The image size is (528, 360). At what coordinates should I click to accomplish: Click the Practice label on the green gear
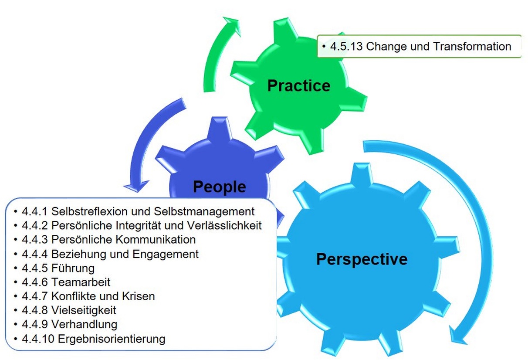[x=299, y=85]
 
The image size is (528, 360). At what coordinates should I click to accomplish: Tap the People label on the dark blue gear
[x=220, y=187]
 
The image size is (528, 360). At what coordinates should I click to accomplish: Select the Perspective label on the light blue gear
[x=362, y=259]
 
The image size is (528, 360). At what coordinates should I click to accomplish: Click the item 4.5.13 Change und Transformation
[x=420, y=46]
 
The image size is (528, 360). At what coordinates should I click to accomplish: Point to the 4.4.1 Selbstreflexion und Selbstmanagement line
[x=138, y=211]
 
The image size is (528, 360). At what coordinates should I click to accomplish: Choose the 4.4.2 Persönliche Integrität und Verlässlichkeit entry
[x=142, y=225]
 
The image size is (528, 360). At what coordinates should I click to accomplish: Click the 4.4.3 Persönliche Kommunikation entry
[x=108, y=240]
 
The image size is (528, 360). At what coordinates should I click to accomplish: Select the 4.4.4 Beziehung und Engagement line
[x=110, y=254]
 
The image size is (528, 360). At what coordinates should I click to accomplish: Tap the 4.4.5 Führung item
[x=58, y=268]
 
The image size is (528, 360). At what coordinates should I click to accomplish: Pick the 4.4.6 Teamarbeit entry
[x=66, y=282]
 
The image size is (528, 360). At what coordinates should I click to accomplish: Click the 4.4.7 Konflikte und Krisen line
[x=88, y=296]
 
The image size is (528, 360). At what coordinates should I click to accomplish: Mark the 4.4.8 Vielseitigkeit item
[x=69, y=310]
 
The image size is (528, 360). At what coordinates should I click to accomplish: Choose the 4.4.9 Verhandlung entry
[x=70, y=324]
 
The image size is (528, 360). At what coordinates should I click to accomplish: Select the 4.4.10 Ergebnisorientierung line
[x=94, y=339]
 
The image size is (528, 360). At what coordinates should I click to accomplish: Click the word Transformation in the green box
[x=472, y=46]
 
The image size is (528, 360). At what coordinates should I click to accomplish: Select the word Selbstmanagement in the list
[x=204, y=211]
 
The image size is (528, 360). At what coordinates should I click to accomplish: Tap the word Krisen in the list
[x=139, y=296]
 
